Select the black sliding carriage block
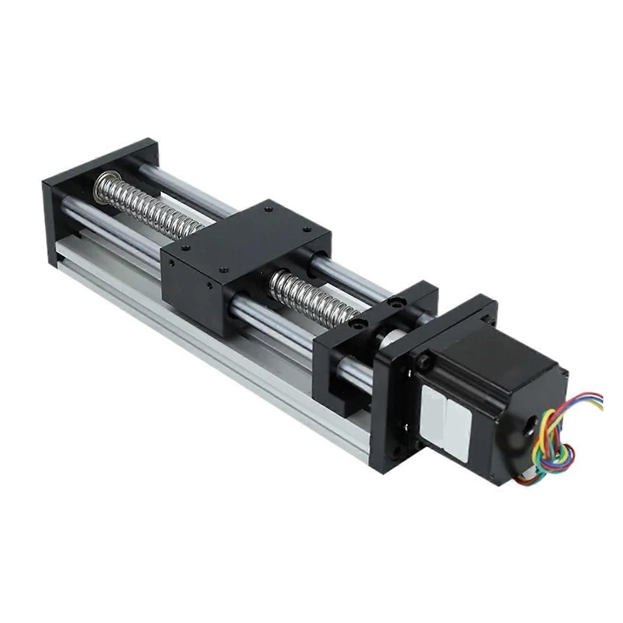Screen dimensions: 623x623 (x=245, y=253)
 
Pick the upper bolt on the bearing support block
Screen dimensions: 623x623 (x=394, y=301)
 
